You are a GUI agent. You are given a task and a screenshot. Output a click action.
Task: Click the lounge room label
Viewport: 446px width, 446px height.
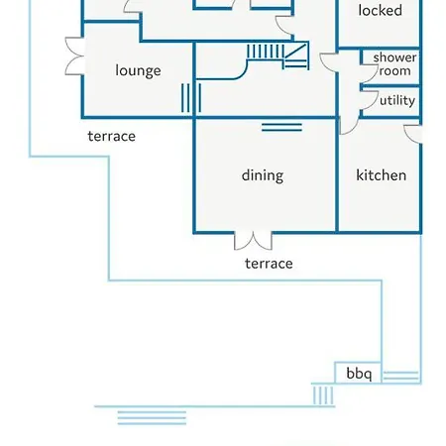pyautogui.click(x=138, y=71)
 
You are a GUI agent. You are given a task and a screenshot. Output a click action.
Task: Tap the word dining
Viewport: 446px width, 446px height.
pyautogui.click(x=263, y=175)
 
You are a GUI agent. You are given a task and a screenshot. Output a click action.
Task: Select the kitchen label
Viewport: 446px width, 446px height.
pyautogui.click(x=381, y=175)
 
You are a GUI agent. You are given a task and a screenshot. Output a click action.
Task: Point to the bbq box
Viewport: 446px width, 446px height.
pyautogui.click(x=358, y=373)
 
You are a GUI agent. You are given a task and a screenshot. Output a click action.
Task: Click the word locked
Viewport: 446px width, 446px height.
pyautogui.click(x=381, y=10)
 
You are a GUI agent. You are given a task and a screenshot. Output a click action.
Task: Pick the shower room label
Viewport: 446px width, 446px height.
pyautogui.click(x=394, y=64)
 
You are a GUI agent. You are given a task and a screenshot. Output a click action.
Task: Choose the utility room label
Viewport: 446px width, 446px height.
pyautogui.click(x=397, y=100)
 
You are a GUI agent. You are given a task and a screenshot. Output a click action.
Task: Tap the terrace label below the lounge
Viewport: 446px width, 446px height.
pyautogui.click(x=112, y=136)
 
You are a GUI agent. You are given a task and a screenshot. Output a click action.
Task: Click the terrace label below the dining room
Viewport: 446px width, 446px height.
pyautogui.click(x=269, y=264)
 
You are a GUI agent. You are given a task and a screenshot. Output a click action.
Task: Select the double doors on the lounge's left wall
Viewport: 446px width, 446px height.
pyautogui.click(x=74, y=56)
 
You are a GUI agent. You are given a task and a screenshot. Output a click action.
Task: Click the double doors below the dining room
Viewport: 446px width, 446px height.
pyautogui.click(x=253, y=241)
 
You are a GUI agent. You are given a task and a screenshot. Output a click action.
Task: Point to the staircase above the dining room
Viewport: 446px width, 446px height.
pyautogui.click(x=278, y=56)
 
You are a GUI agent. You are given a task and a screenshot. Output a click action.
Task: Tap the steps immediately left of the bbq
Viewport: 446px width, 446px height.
pyautogui.click(x=323, y=395)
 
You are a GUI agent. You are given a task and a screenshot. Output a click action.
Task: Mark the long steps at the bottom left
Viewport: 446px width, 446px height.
pyautogui.click(x=152, y=418)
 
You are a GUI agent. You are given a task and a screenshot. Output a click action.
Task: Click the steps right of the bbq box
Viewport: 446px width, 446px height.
pyautogui.click(x=400, y=376)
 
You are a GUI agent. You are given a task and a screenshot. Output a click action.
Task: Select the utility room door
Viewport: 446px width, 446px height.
pyautogui.click(x=369, y=99)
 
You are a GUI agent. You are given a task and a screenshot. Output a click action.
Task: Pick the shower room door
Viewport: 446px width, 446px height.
pyautogui.click(x=369, y=74)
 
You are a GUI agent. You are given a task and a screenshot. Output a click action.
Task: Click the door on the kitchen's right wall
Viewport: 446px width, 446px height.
pyautogui.click(x=413, y=134)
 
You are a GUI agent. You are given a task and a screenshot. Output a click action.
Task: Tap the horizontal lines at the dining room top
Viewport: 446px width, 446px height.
pyautogui.click(x=281, y=127)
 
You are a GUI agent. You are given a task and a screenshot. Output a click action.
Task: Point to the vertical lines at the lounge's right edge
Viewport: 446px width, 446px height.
pyautogui.click(x=191, y=98)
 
